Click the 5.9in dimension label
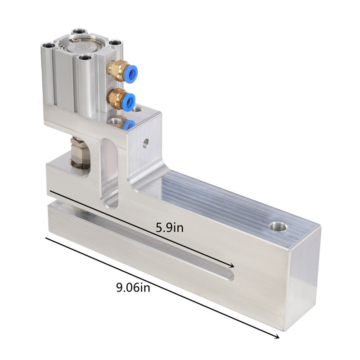point(170,228)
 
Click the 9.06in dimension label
point(133,287)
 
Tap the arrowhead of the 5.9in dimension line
point(231,266)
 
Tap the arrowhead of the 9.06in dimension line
point(277,336)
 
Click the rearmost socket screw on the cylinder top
point(78,32)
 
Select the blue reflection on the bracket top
point(129,124)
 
